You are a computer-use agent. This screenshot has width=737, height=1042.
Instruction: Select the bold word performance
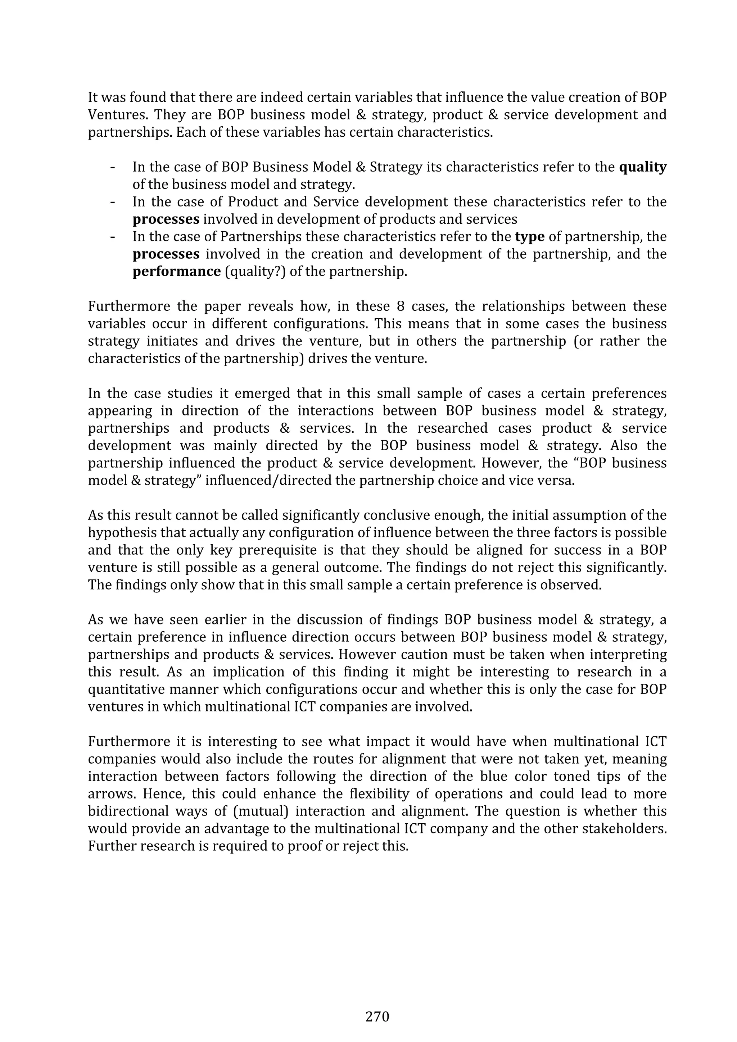(x=177, y=272)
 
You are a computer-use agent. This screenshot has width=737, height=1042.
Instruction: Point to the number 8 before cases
(x=401, y=306)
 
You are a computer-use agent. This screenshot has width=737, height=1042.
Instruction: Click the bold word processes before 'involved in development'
(x=166, y=219)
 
